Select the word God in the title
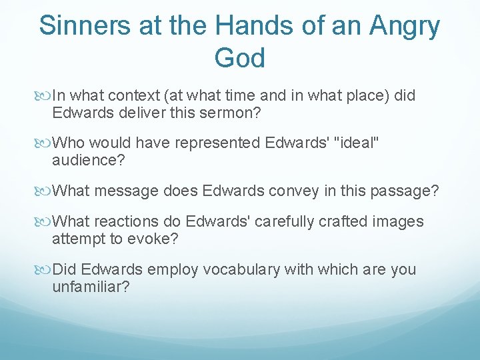click(x=240, y=58)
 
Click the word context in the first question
click(x=133, y=96)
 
